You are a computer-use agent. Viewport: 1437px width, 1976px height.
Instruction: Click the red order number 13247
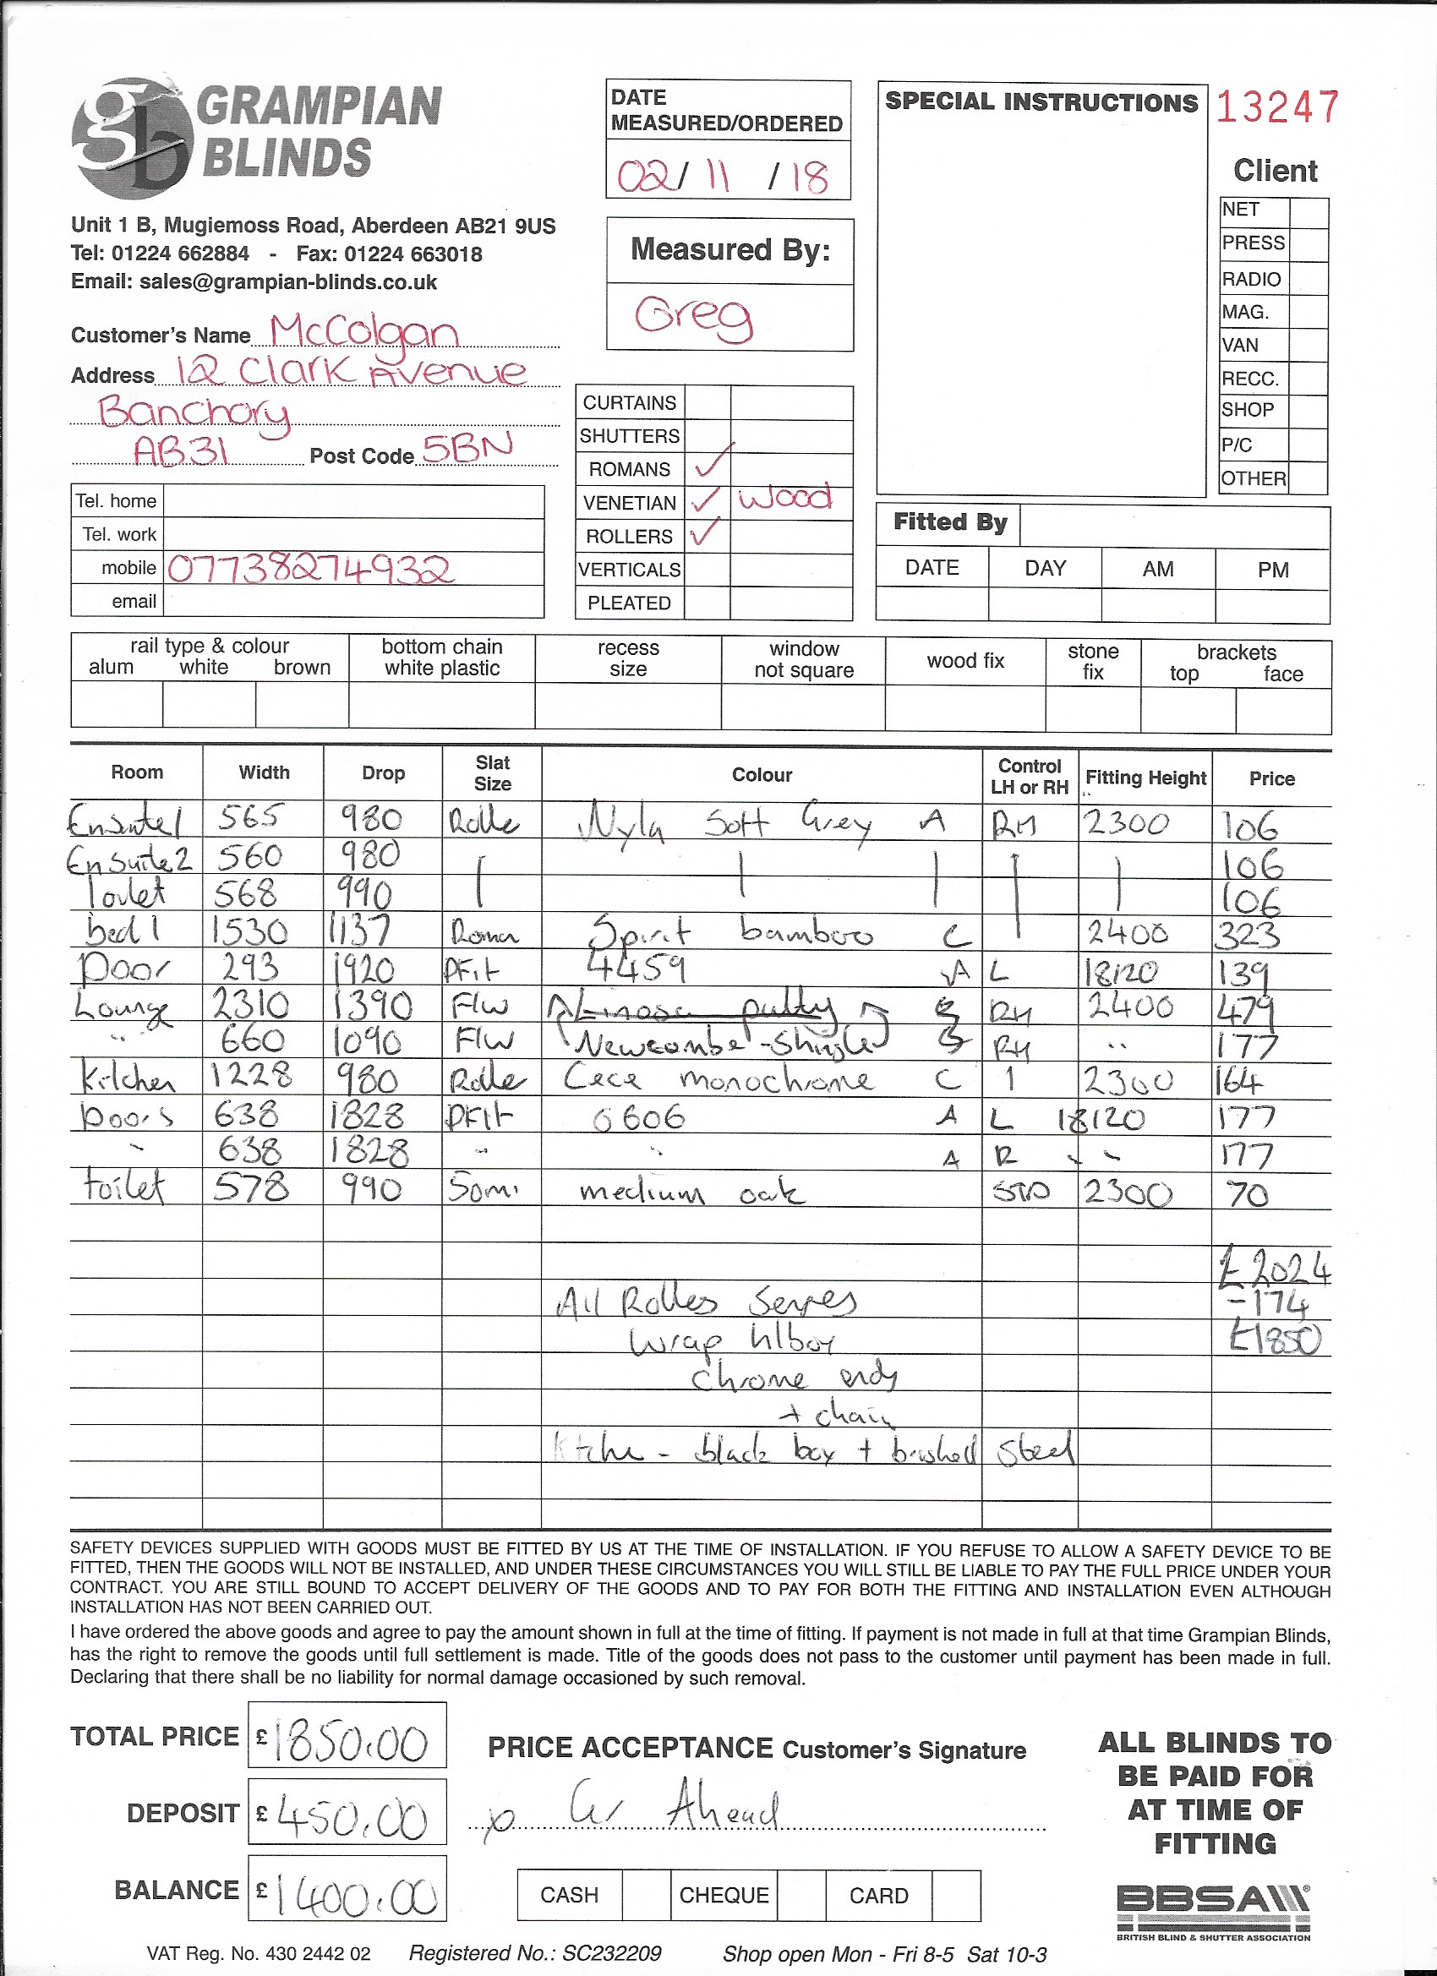point(1276,107)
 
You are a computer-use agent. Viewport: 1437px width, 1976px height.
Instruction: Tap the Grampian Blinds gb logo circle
point(132,138)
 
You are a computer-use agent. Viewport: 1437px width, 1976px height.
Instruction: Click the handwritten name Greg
point(694,318)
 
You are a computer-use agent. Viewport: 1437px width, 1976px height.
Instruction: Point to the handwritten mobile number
point(309,569)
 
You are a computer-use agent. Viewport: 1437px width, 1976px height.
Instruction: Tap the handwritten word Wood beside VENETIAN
point(785,499)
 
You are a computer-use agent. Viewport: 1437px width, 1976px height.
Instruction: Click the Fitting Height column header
point(1145,778)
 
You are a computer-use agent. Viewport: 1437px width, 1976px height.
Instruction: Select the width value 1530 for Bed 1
point(249,932)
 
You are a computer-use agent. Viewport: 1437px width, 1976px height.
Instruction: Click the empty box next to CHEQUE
point(800,1895)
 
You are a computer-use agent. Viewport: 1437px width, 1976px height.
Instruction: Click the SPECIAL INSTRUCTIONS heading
point(1041,102)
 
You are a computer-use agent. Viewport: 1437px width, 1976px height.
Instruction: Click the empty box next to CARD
point(956,1895)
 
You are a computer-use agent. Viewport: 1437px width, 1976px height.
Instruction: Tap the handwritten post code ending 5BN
point(467,448)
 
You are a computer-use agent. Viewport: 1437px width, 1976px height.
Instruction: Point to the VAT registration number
point(259,1953)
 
